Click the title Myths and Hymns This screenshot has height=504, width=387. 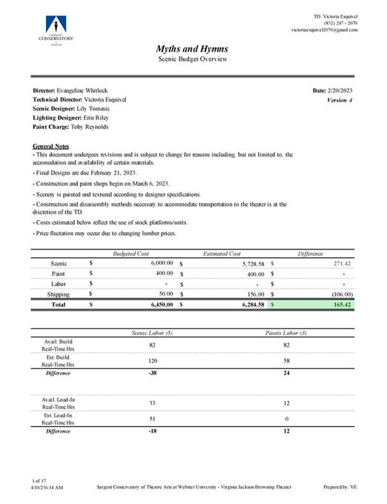pos(193,48)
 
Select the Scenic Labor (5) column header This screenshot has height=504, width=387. pos(152,333)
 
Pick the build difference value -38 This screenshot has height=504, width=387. pos(152,373)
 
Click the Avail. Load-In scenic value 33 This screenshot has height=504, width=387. pos(152,402)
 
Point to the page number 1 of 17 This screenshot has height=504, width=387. pos(42,481)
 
